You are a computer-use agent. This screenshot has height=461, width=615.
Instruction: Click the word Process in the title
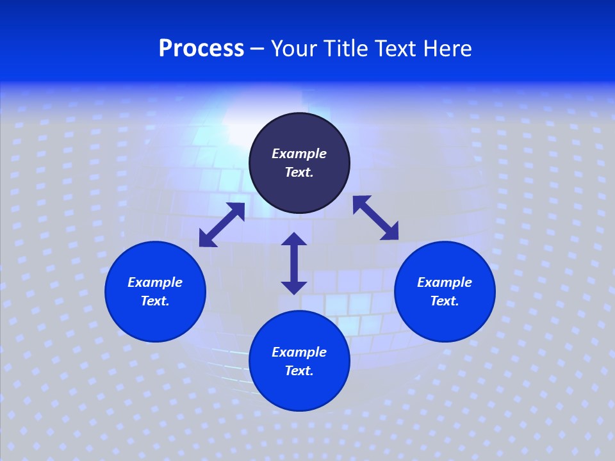201,49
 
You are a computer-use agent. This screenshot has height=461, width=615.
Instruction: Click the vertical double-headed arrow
294,263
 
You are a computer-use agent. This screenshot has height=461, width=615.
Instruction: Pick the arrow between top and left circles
222,225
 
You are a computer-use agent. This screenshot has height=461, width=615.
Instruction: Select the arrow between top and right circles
375,218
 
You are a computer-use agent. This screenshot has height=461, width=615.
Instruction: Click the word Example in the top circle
299,154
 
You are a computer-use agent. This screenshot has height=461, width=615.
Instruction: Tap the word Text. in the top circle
299,172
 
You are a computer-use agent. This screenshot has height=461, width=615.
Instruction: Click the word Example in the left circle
155,282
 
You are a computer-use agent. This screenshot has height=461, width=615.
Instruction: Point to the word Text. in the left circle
155,301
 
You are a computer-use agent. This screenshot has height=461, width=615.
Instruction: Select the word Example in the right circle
445,282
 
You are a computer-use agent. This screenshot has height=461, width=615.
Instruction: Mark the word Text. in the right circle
445,301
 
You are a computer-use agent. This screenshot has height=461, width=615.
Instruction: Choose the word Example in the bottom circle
299,352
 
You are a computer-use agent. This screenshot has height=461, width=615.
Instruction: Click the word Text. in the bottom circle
299,371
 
